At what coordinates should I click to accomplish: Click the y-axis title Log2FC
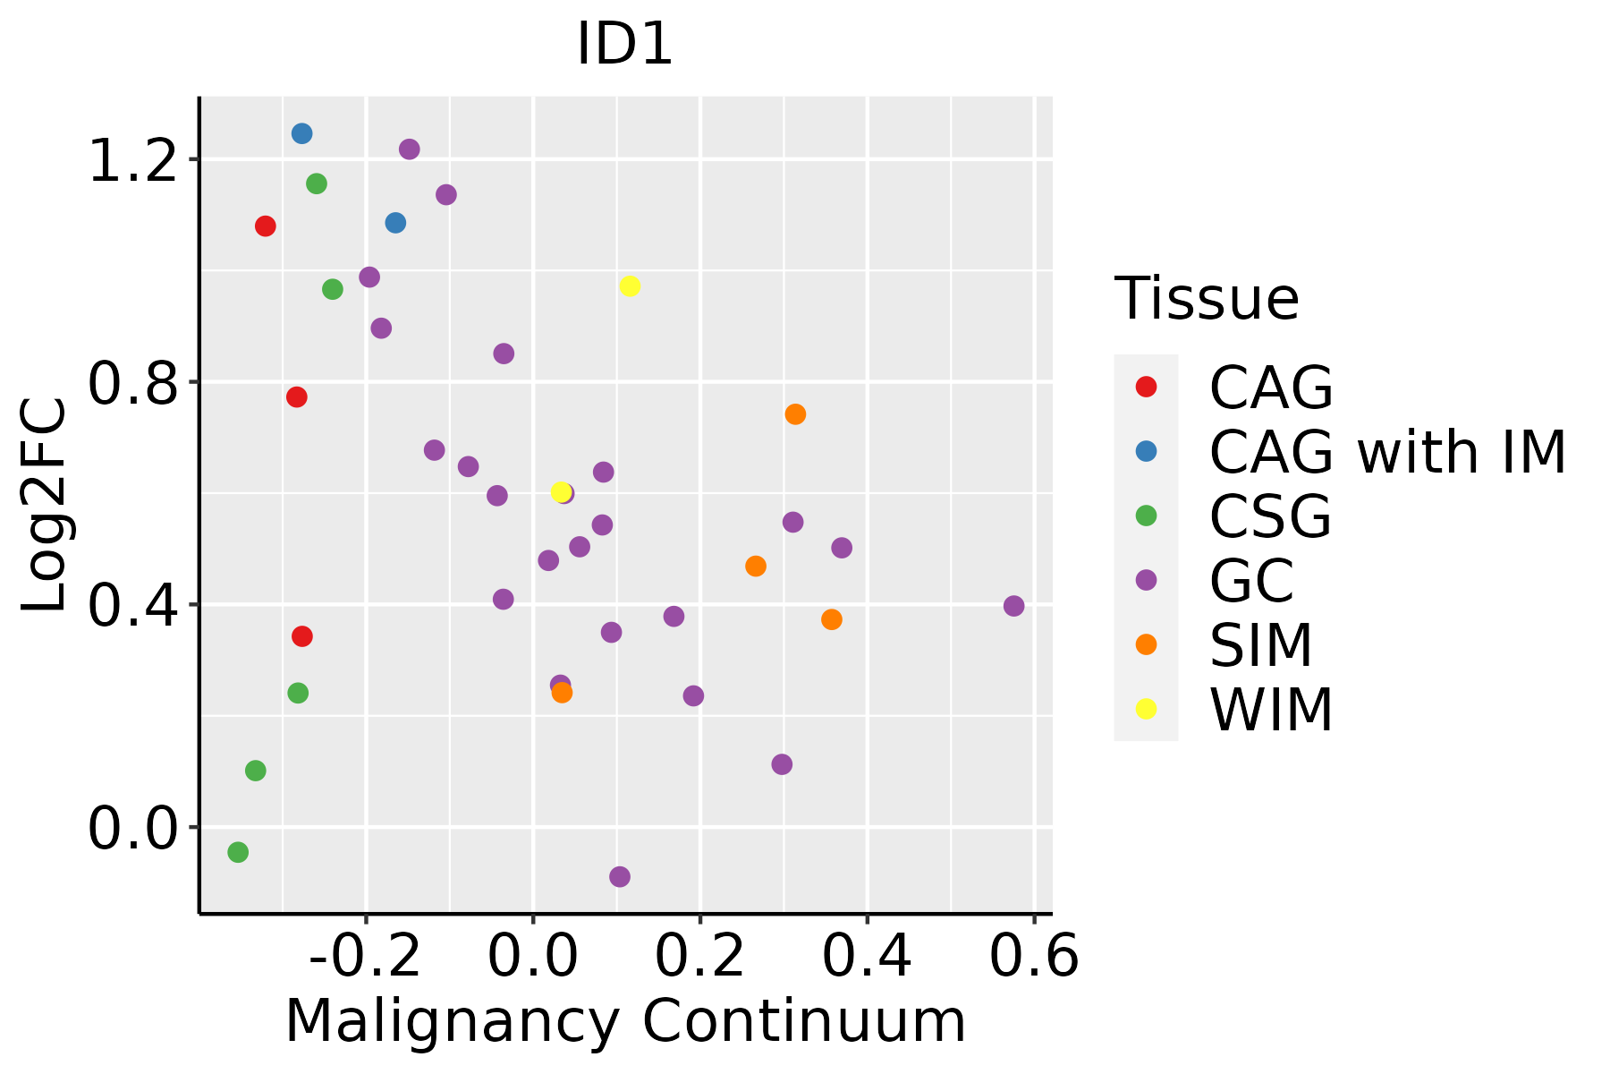click(x=45, y=506)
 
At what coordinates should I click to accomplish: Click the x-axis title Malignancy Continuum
click(x=625, y=1021)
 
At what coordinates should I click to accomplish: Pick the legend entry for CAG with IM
click(x=1386, y=452)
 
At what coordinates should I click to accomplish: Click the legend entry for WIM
click(x=1270, y=710)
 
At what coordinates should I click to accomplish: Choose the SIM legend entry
click(x=1260, y=645)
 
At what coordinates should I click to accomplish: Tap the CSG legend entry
click(x=1270, y=516)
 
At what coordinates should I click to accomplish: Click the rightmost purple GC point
click(x=1013, y=606)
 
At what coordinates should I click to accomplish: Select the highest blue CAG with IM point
click(x=302, y=133)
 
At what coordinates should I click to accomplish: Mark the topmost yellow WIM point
click(x=630, y=286)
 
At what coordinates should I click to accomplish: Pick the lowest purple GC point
click(x=620, y=876)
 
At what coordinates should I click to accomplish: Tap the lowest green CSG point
click(x=238, y=852)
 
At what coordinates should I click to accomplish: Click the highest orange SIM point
click(x=795, y=414)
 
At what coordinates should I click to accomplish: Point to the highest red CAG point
click(x=265, y=226)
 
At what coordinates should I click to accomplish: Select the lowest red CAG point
click(x=302, y=636)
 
